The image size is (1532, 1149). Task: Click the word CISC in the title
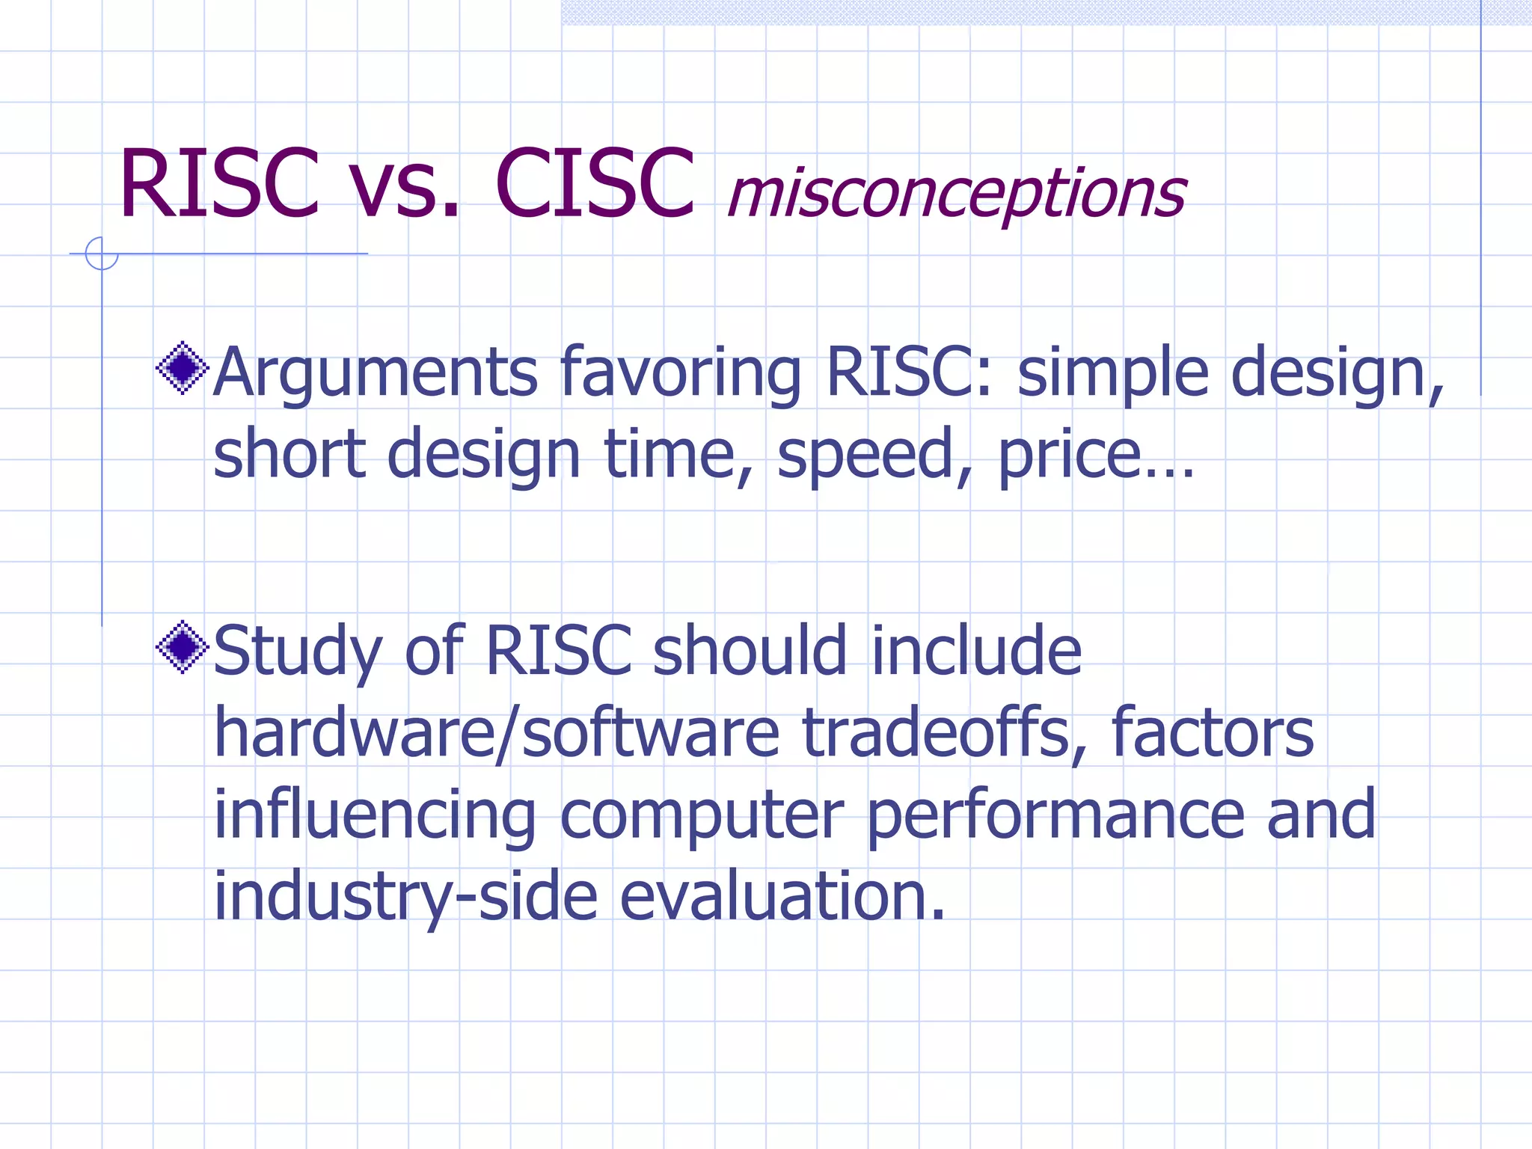(x=595, y=184)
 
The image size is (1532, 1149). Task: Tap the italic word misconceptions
(x=956, y=193)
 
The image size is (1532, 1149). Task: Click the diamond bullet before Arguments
(x=183, y=368)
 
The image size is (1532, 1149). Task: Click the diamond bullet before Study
(x=183, y=647)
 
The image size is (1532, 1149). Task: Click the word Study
(x=298, y=651)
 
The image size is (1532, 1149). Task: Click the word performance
(x=1055, y=815)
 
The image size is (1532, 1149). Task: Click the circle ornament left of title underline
(x=102, y=254)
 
